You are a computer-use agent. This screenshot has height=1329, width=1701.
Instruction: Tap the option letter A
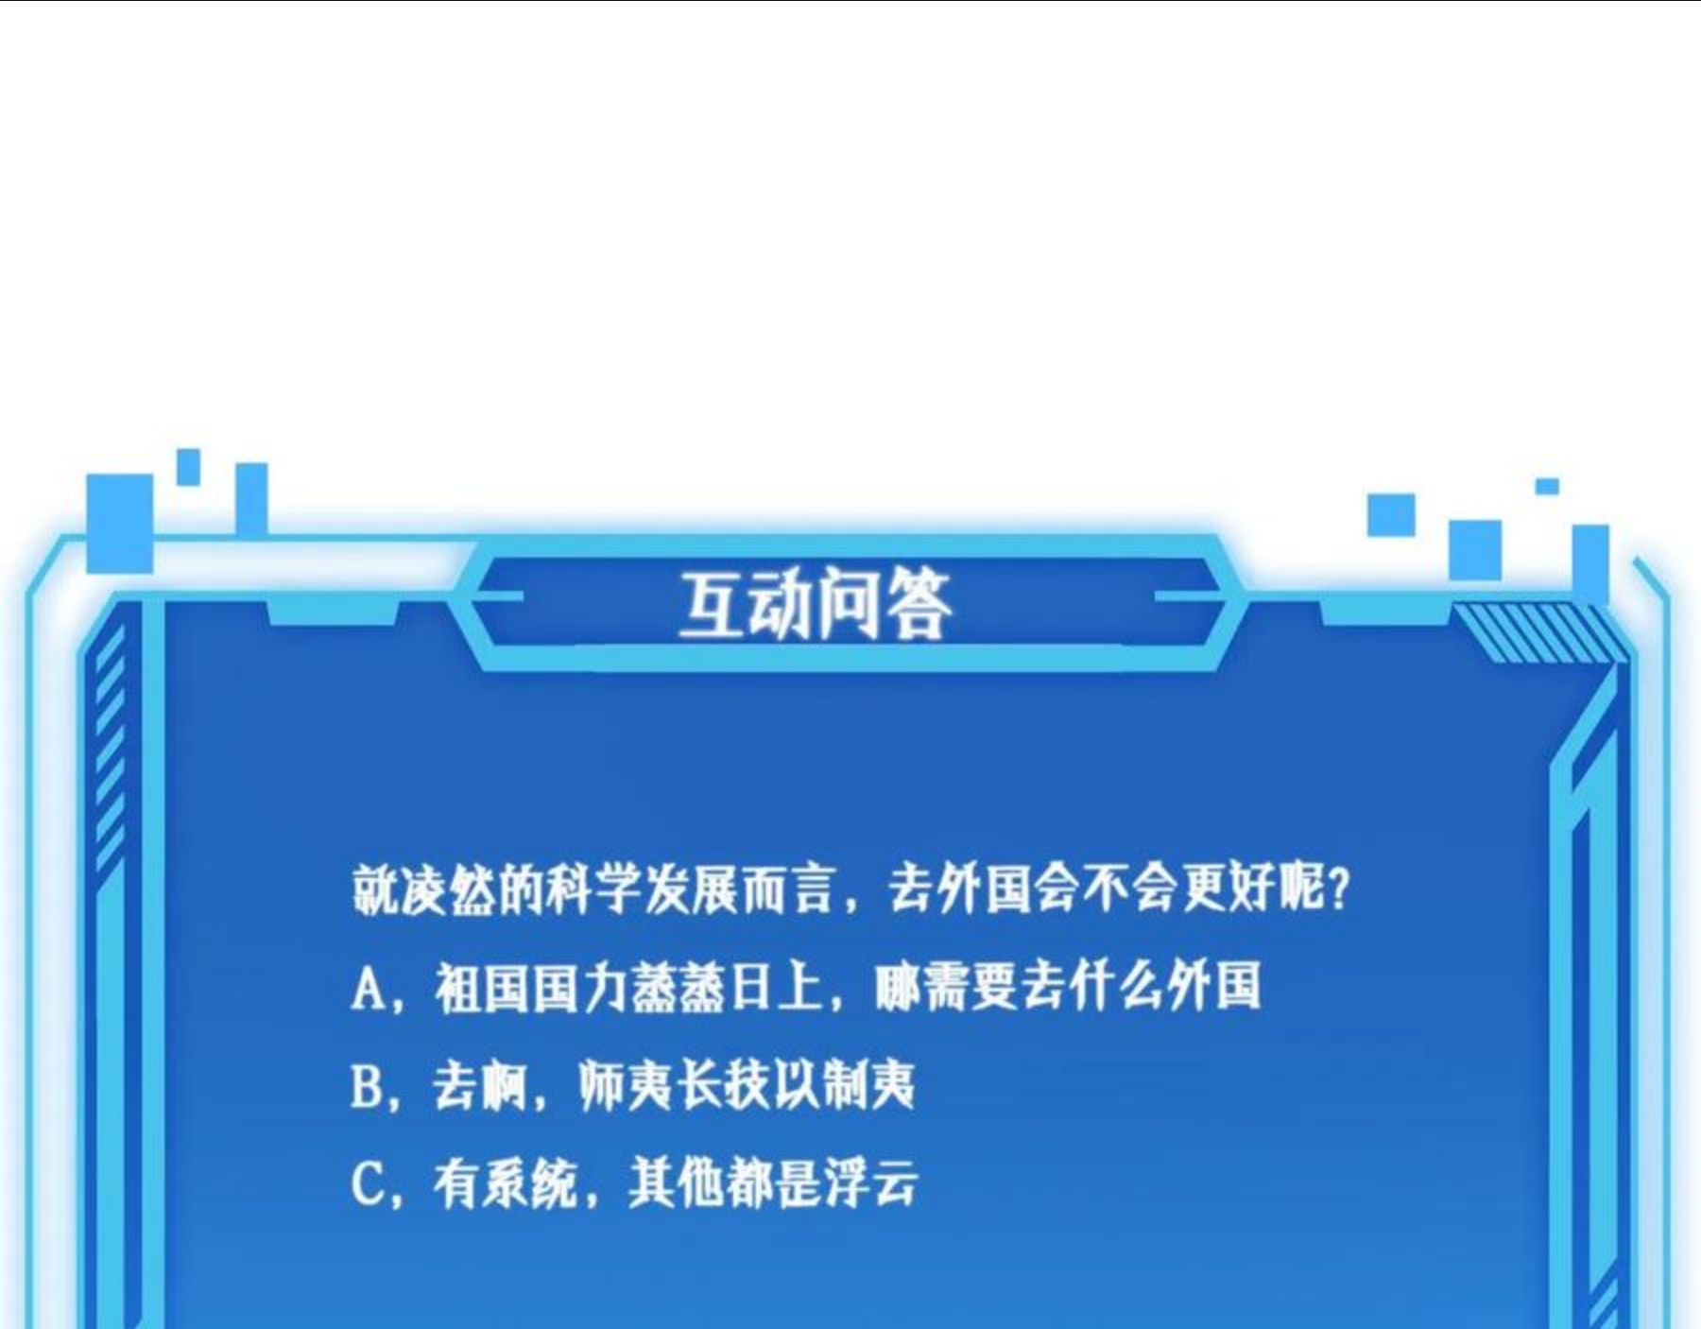pos(367,989)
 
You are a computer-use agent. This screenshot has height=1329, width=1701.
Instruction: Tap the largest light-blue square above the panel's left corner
pos(120,523)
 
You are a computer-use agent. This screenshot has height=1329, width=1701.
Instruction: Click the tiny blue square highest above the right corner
pos(1547,486)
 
